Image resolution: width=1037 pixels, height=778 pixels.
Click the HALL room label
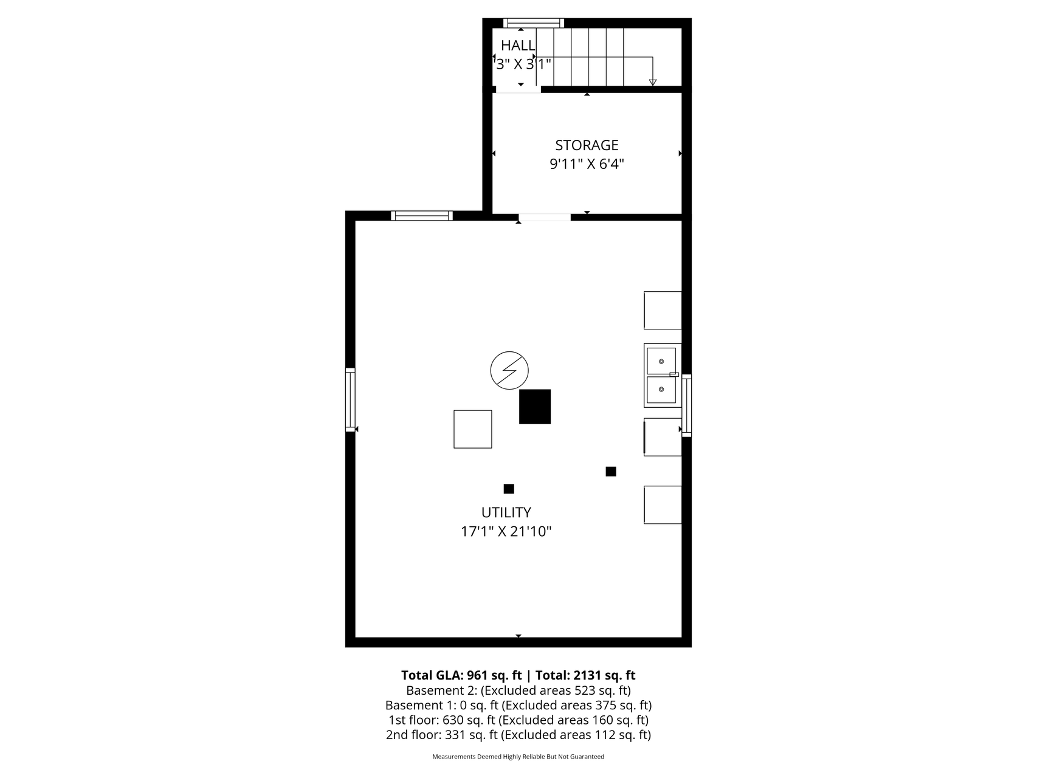(518, 46)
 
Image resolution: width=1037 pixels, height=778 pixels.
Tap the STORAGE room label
(587, 145)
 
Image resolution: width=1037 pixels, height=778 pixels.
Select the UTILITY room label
(506, 512)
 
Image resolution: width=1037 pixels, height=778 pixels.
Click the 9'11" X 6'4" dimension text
(587, 164)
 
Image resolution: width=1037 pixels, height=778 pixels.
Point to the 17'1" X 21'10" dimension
(506, 532)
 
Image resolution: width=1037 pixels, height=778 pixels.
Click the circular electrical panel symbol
(509, 370)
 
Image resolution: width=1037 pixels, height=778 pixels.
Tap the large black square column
(535, 407)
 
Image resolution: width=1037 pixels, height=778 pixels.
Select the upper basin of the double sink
(661, 361)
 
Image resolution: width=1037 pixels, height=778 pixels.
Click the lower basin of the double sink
(661, 390)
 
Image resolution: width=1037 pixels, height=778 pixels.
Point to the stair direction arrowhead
(653, 82)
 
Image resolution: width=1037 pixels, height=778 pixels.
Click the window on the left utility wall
(350, 399)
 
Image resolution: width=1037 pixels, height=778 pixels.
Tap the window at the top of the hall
(534, 23)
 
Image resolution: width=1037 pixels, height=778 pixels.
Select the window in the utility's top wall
(422, 215)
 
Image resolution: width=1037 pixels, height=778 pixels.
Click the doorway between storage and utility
(545, 217)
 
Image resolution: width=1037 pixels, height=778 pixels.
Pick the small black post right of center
(611, 471)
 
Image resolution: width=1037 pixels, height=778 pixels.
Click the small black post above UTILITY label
(509, 489)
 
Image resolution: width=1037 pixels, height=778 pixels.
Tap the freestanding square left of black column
(473, 429)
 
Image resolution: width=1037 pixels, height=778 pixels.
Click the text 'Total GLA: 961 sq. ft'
(461, 675)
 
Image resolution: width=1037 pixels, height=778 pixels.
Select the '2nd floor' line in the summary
(518, 735)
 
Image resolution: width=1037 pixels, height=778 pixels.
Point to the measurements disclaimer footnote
(518, 757)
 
